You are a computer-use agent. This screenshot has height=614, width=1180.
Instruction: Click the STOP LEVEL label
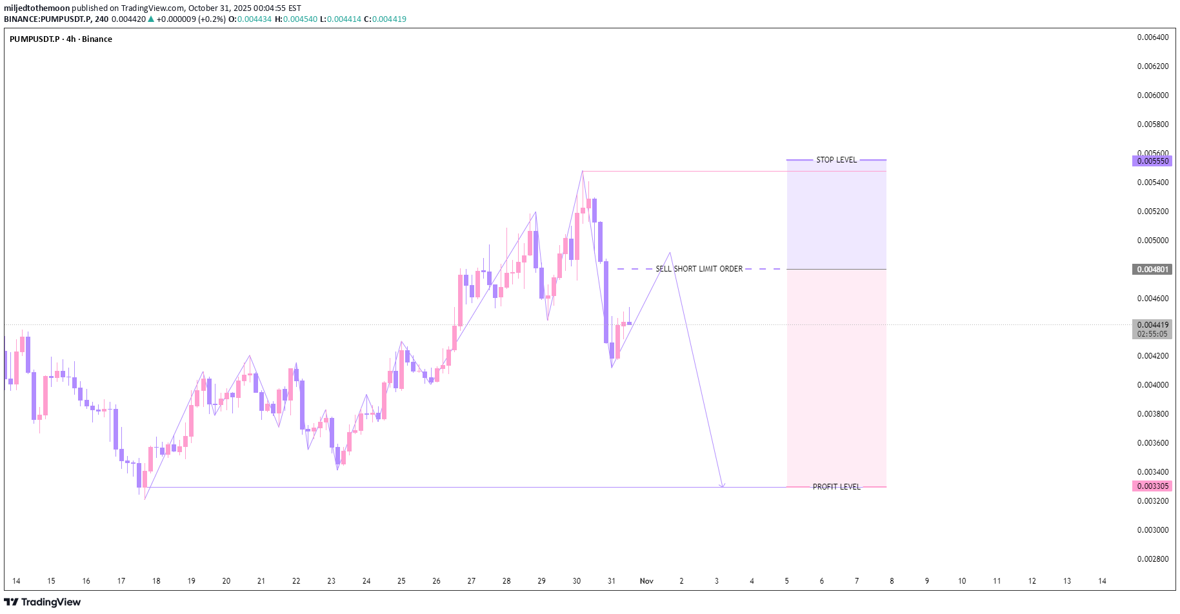point(836,160)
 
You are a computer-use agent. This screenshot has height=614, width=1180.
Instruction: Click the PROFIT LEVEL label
point(836,487)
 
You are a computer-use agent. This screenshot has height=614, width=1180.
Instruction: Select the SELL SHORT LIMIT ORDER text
point(699,269)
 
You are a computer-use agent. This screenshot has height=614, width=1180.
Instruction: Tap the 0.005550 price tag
point(1152,161)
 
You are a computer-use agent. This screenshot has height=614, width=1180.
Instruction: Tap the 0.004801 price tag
point(1152,270)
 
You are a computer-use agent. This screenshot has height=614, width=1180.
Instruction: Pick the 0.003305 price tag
point(1152,486)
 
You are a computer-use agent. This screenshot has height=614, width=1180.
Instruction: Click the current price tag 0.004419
point(1152,325)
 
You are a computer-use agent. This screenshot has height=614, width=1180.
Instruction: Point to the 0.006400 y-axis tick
point(1152,37)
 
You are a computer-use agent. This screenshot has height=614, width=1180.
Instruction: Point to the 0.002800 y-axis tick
point(1152,559)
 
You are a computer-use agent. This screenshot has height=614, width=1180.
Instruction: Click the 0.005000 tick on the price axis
point(1152,241)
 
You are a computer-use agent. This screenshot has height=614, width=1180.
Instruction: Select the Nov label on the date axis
point(646,581)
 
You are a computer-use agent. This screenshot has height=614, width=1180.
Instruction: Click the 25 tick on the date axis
point(401,581)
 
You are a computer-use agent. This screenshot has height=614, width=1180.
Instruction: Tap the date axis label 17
point(121,581)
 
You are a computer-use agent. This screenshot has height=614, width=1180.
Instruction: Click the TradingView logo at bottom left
point(43,602)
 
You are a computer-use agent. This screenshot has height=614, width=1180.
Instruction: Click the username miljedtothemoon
point(37,8)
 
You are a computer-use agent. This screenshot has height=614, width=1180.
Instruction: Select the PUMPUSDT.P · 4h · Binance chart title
point(61,39)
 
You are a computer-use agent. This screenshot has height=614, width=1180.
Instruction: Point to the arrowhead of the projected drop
point(722,486)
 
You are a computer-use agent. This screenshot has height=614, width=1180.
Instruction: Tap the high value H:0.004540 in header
point(296,19)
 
